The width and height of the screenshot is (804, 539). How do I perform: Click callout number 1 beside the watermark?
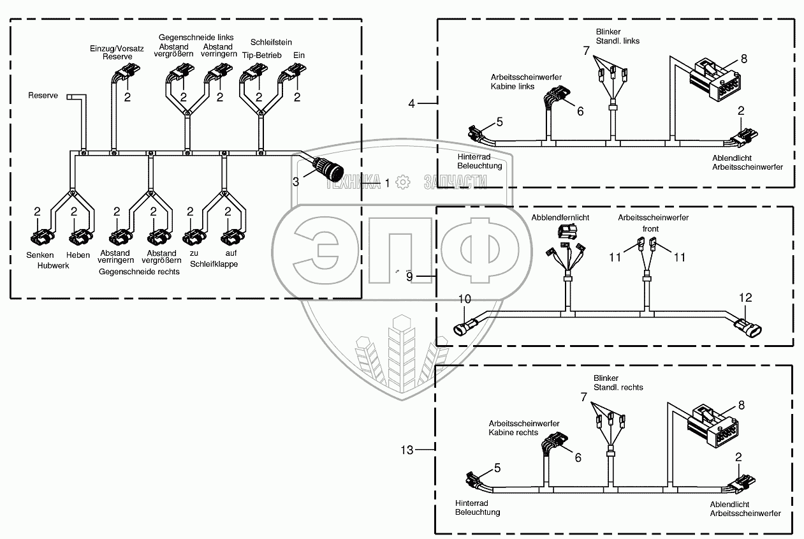(x=386, y=182)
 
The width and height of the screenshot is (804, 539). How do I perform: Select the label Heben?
(x=78, y=255)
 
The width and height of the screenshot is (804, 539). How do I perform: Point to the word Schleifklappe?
(x=214, y=263)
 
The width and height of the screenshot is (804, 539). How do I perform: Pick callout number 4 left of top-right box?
(x=412, y=102)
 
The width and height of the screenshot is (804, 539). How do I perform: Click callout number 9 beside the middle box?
(x=410, y=276)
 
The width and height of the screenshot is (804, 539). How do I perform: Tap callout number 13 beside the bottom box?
(x=407, y=450)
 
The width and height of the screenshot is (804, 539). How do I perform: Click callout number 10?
(x=465, y=299)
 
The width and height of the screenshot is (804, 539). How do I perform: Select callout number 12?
(x=745, y=297)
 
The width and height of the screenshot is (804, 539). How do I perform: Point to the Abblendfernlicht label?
(x=560, y=218)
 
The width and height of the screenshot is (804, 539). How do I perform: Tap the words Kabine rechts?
(x=513, y=432)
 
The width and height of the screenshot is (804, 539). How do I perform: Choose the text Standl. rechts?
(x=618, y=387)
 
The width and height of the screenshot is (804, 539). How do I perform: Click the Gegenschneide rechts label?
(x=139, y=271)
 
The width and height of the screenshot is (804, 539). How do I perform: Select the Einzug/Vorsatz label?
(x=111, y=48)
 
